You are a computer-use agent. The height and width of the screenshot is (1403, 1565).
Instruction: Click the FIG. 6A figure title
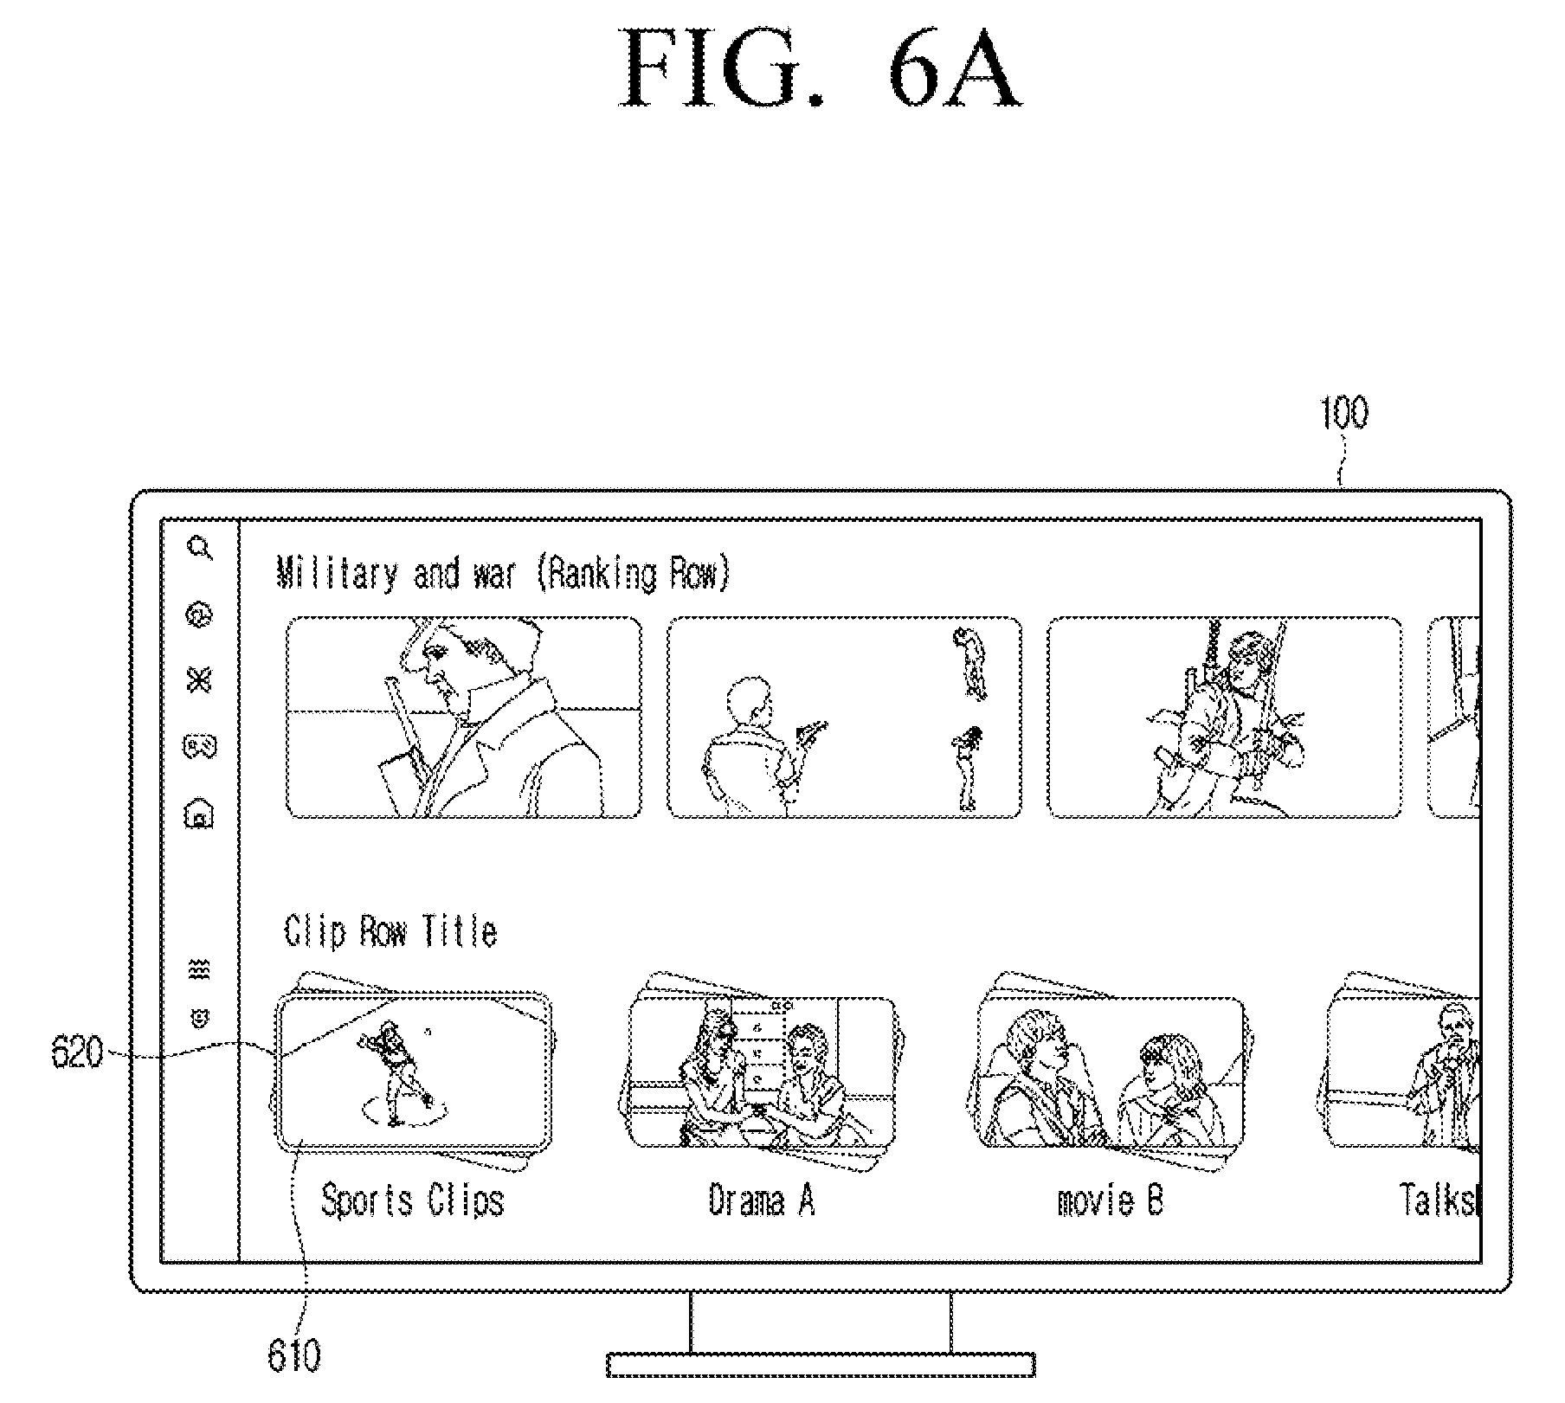(819, 68)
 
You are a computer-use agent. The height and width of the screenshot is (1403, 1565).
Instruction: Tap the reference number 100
(1343, 413)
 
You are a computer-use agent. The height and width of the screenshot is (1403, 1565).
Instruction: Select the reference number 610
(294, 1356)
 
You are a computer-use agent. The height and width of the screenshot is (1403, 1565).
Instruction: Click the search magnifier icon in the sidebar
(201, 548)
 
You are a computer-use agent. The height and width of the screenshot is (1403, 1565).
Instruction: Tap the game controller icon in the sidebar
(200, 746)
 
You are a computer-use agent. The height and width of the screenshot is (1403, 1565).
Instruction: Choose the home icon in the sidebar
(200, 814)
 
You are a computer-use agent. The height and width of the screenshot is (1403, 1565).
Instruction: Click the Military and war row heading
(503, 574)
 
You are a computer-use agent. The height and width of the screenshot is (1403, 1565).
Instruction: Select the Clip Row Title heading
(390, 931)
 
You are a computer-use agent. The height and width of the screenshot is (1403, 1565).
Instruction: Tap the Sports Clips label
(412, 1201)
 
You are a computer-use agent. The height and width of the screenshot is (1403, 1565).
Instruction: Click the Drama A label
(762, 1200)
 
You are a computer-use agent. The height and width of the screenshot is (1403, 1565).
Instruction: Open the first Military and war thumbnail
(464, 717)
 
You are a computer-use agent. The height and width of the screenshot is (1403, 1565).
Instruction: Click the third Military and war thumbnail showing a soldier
(1224, 717)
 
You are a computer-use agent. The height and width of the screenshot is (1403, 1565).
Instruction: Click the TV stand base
(821, 1365)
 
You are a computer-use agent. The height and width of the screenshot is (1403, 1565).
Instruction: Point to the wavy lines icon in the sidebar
(200, 969)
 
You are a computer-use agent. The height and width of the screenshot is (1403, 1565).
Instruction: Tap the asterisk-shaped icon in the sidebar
(200, 680)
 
